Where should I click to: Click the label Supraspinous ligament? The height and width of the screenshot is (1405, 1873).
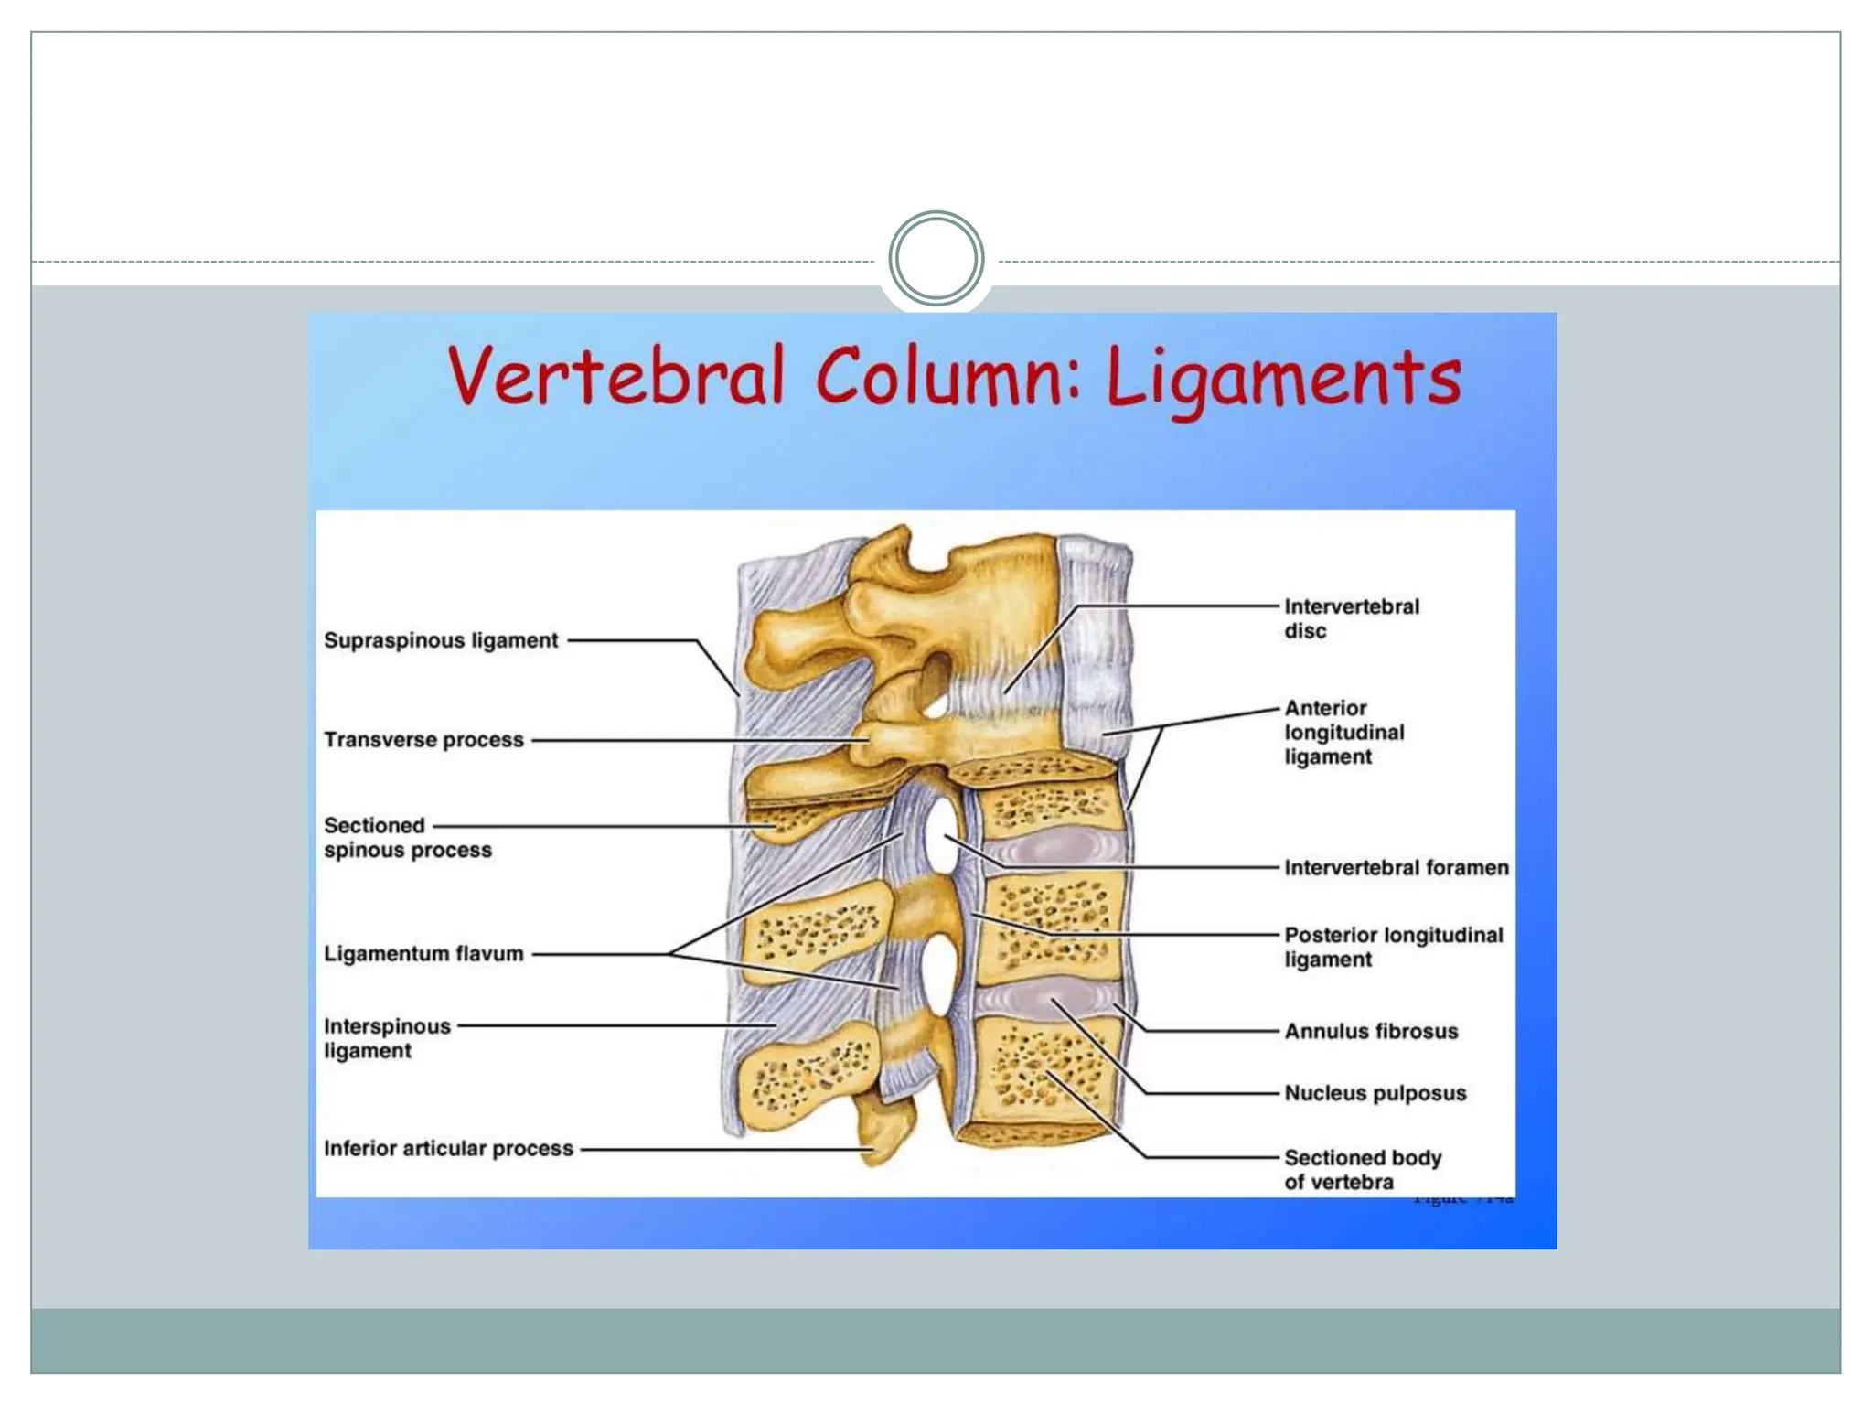441,640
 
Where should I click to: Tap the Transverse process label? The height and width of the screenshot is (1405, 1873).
423,739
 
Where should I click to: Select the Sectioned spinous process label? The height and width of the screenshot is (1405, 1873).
407,838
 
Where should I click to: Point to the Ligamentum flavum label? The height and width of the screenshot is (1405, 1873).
423,953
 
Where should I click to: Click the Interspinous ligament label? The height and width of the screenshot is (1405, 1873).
387,1038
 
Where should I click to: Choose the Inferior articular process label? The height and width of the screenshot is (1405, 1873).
448,1148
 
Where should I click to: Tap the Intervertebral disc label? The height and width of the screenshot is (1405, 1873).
1351,618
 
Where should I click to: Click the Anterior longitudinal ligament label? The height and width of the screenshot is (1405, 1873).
1343,732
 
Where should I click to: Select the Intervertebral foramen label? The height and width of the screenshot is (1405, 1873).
1396,867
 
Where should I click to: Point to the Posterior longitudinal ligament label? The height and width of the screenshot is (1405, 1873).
1393,947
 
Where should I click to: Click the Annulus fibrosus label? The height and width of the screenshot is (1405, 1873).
1371,1031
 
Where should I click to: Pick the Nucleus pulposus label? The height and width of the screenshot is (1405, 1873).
1375,1093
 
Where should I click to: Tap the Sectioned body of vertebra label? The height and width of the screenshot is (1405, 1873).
1362,1169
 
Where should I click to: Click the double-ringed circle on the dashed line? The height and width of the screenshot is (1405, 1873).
936,259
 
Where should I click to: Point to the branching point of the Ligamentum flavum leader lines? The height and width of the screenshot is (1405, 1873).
670,954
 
